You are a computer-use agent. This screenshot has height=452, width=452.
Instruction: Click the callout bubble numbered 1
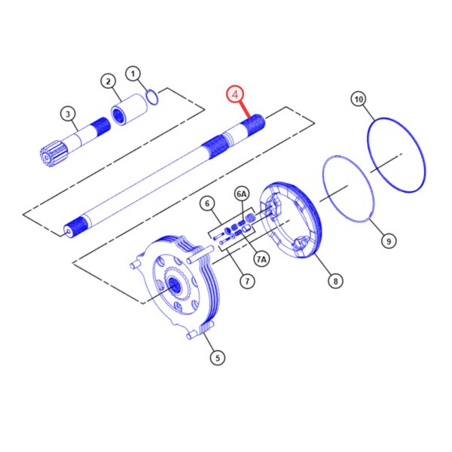[x=133, y=74]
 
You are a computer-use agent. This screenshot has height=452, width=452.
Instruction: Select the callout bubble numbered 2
[x=108, y=81]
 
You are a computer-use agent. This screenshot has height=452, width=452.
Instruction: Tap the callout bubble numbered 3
[x=68, y=114]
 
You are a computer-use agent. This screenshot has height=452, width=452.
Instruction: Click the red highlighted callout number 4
[x=235, y=94]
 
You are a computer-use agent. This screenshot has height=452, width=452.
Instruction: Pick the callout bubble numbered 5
[x=218, y=358]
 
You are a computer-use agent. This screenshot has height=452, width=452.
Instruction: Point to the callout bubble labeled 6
[x=207, y=204]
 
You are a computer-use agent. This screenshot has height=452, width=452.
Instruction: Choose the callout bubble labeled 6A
[x=242, y=194]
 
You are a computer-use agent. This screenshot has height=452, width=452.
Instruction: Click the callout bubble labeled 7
[x=247, y=281]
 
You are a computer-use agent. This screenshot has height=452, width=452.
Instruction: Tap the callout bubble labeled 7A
[x=261, y=259]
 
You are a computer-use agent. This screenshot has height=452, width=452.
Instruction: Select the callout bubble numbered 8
[x=335, y=281]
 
